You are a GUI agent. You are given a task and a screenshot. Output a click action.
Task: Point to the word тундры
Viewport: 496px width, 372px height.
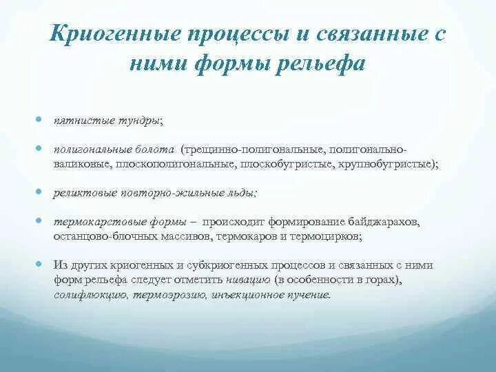point(138,121)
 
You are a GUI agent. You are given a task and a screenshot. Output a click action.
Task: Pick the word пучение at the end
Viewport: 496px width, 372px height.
point(310,295)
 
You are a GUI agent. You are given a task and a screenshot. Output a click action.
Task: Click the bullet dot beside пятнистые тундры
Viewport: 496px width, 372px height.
point(41,118)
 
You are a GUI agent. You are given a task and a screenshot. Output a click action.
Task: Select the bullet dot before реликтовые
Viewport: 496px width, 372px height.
point(41,192)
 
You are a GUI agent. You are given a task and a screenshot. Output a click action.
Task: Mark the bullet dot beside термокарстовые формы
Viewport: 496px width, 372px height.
point(41,221)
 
